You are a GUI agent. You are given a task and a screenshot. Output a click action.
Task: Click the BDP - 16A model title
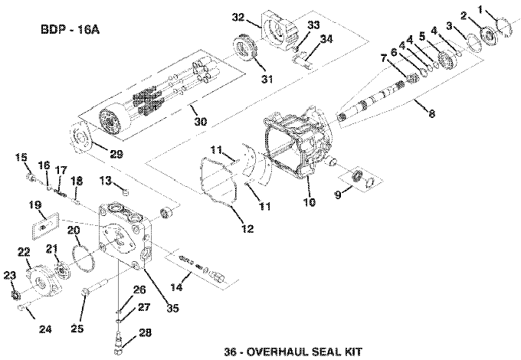point(70,30)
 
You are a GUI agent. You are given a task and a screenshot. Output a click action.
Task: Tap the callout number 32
point(238,18)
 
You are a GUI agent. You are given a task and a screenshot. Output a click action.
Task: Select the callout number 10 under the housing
point(310,202)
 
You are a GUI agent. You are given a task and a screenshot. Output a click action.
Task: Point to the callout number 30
point(201,121)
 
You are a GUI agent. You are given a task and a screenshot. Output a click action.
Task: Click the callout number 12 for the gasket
point(247,228)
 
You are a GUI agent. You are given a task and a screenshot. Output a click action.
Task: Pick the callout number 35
point(172,308)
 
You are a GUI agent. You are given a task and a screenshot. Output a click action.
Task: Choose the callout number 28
point(145,332)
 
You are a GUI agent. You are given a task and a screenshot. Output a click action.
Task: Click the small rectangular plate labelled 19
point(45,226)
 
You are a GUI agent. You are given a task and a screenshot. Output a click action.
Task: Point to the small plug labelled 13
point(126,191)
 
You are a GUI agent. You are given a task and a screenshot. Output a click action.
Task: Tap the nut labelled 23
point(15,294)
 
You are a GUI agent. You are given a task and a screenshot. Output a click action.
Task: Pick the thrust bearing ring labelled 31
point(245,48)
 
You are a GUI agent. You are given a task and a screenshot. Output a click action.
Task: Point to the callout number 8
point(431,113)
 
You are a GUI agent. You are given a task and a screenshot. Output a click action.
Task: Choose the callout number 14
point(176,286)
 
